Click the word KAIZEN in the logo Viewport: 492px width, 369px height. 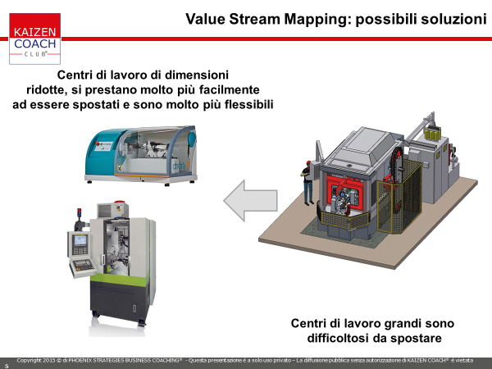pyautogui.click(x=34, y=32)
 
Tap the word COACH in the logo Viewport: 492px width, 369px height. pyautogui.click(x=34, y=43)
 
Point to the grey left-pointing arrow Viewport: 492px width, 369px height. pyautogui.click(x=250, y=201)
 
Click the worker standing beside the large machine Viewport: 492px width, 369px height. pyautogui.click(x=307, y=183)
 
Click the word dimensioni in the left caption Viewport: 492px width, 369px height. pyautogui.click(x=197, y=75)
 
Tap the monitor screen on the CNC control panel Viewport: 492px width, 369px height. pyautogui.click(x=80, y=240)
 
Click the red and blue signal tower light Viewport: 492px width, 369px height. pyautogui.click(x=80, y=214)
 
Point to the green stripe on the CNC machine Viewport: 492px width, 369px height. pyautogui.click(x=120, y=278)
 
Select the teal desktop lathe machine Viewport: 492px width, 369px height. pyautogui.click(x=141, y=155)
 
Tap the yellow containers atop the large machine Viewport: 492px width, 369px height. pyautogui.click(x=432, y=134)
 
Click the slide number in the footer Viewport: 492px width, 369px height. pyautogui.click(x=7, y=366)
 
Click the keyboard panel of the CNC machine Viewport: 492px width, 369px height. pyautogui.click(x=83, y=266)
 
